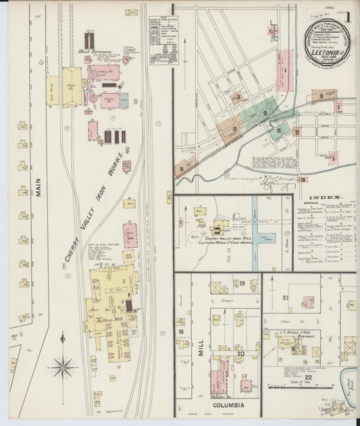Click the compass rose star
[x=63, y=367]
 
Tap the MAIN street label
[x=38, y=187]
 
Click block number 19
[x=240, y=284]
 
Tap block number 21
[x=286, y=298]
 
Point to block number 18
[x=180, y=331]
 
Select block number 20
[x=240, y=352]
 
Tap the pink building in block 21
[x=307, y=302]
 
